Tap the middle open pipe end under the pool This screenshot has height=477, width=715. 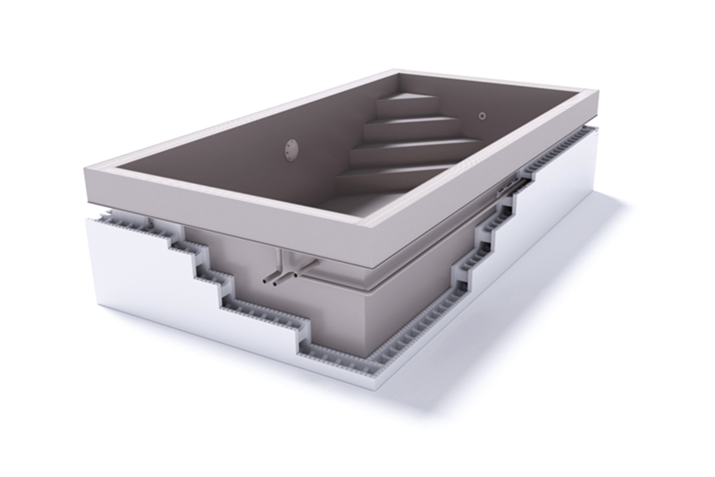275,284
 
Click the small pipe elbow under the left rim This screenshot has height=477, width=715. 149,224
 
